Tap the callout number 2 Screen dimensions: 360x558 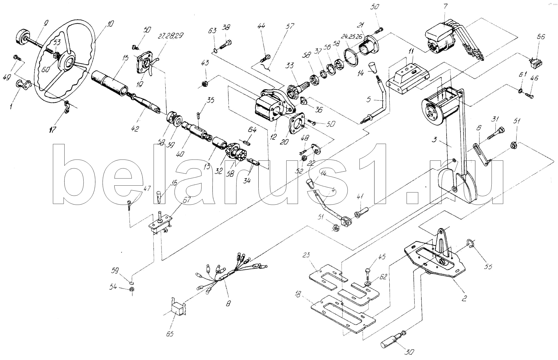coord(464,299)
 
